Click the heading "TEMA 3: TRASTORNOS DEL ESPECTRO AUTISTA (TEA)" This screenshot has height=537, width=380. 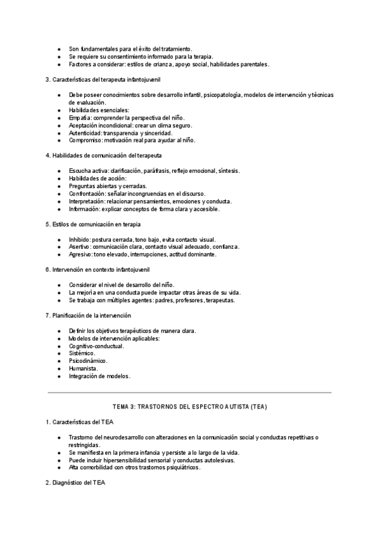tap(189, 405)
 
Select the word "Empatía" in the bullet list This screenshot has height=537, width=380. tap(80, 118)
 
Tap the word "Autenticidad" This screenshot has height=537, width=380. tap(85, 133)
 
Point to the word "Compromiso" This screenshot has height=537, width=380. tap(85, 141)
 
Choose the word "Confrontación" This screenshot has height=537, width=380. tap(87, 194)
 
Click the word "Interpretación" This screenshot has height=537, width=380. tap(85, 201)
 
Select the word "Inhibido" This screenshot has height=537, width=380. tap(80, 239)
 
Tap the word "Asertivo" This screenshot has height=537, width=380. tap(80, 247)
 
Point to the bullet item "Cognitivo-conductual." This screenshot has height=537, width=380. tap(96, 346)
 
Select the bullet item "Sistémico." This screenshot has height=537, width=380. tap(82, 353)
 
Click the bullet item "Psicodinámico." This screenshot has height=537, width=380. tap(88, 361)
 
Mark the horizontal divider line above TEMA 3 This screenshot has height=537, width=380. tap(189, 393)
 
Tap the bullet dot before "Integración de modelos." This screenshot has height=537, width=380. tap(59, 376)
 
